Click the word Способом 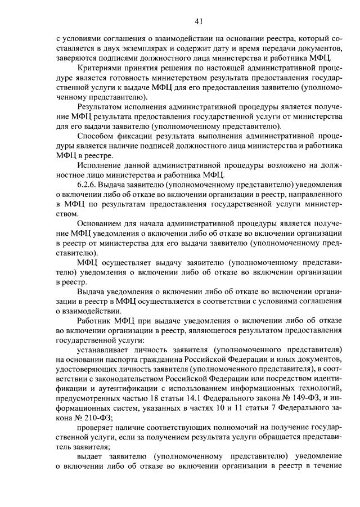(96, 136)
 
